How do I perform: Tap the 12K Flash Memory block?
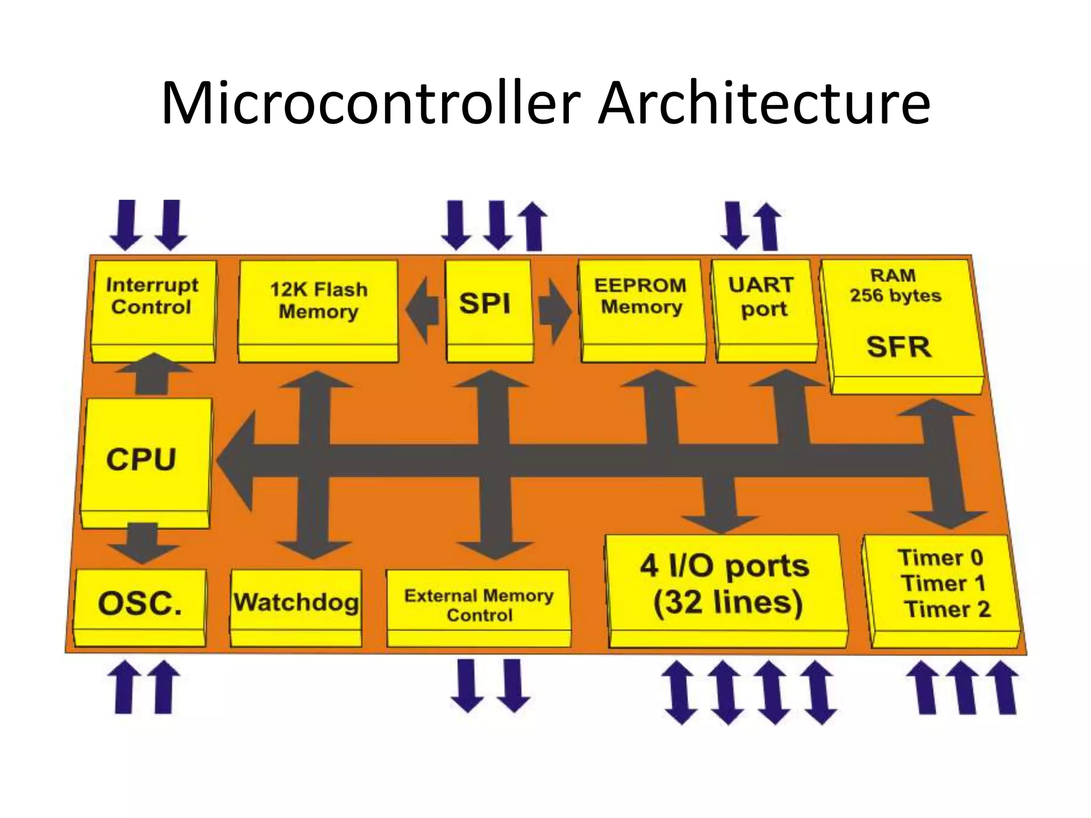click(319, 304)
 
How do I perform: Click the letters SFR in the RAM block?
click(898, 347)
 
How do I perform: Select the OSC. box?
click(140, 603)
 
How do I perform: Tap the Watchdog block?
click(296, 603)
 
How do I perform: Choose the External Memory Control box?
click(478, 605)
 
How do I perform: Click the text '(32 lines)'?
click(728, 603)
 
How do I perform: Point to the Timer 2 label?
click(947, 609)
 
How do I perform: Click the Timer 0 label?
click(941, 558)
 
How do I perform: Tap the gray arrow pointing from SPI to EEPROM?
click(555, 312)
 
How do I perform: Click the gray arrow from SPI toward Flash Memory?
click(422, 311)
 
